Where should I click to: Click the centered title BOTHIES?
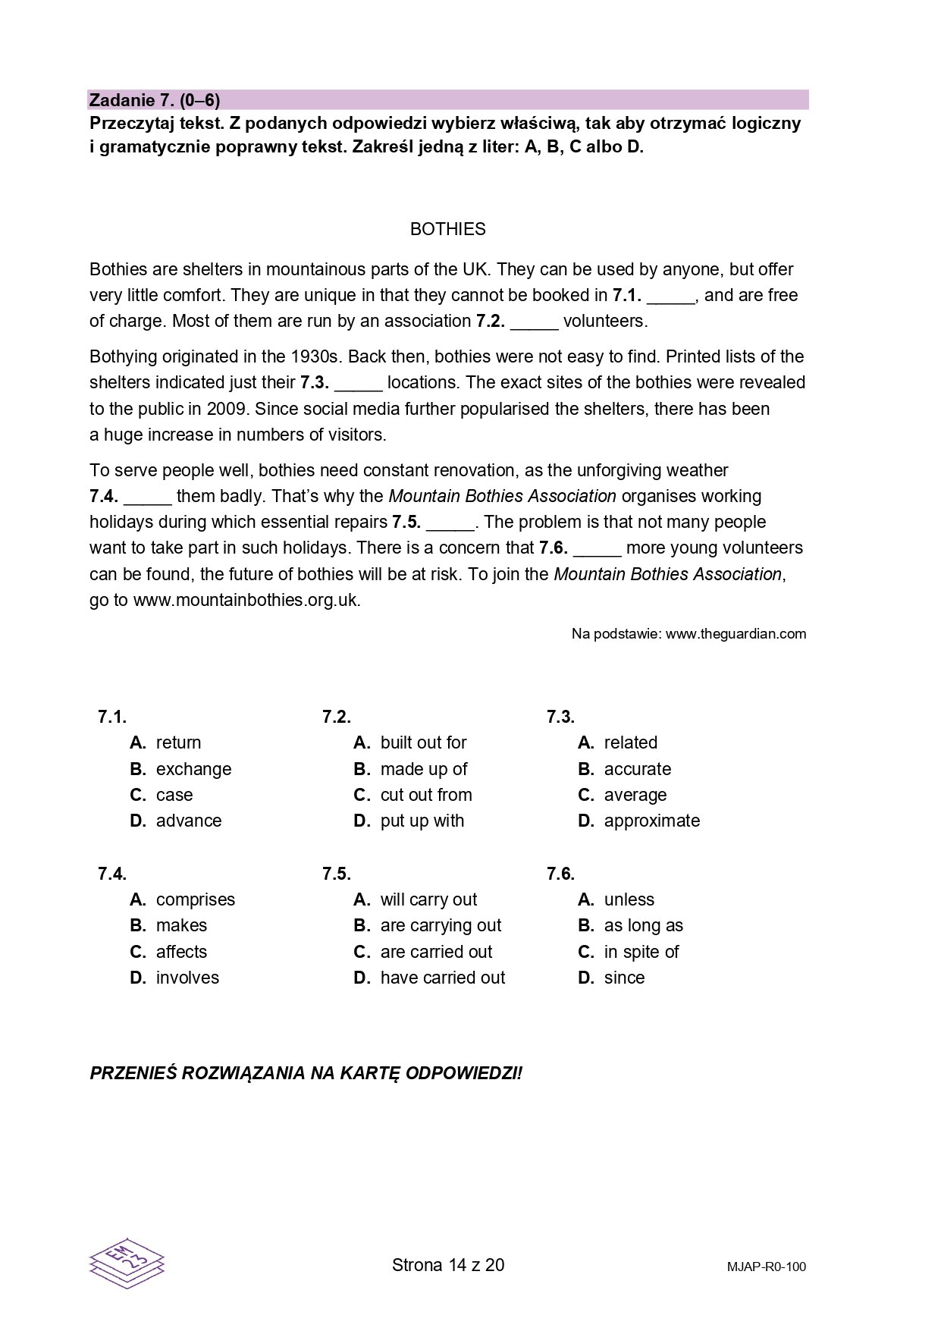point(447,229)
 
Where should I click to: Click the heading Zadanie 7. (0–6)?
point(155,100)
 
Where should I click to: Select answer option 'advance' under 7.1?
point(188,821)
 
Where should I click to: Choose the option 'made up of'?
point(423,769)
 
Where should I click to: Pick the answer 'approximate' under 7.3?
point(651,821)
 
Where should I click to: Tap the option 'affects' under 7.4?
point(181,952)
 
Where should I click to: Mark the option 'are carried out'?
point(436,952)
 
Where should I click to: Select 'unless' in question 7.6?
point(629,899)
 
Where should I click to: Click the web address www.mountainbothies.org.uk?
point(246,600)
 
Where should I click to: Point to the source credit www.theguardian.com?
point(736,634)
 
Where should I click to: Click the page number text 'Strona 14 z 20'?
point(448,1265)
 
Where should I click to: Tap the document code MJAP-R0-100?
point(766,1267)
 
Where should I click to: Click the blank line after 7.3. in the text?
point(359,384)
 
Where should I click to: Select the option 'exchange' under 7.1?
point(193,769)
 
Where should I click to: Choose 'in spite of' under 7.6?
point(641,952)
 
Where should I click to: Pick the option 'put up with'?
point(422,821)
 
